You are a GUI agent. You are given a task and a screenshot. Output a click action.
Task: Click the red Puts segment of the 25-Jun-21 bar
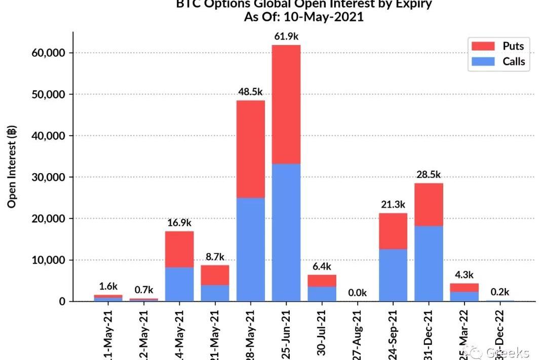(x=286, y=104)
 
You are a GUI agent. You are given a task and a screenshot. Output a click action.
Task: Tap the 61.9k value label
(x=286, y=37)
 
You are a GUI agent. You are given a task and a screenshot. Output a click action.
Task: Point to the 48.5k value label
(x=251, y=92)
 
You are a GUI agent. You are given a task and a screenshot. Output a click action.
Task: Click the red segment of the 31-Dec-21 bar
(x=428, y=204)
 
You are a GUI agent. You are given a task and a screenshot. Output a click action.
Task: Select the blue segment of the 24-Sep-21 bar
(x=393, y=275)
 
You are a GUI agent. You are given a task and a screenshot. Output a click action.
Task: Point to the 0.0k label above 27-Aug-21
(x=357, y=293)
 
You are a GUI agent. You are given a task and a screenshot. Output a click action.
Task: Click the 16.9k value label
(x=180, y=223)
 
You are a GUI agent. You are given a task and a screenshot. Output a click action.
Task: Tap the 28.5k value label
(x=428, y=175)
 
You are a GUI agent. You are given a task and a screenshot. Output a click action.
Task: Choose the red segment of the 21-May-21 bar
(x=215, y=275)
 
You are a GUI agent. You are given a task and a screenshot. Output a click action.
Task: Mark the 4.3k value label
(x=464, y=275)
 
